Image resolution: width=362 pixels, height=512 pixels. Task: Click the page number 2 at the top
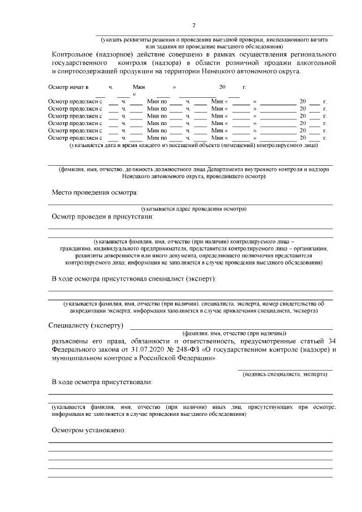(x=193, y=25)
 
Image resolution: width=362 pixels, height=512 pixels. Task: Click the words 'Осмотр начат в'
(x=68, y=88)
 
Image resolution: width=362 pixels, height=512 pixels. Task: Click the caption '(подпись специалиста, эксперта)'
(x=285, y=375)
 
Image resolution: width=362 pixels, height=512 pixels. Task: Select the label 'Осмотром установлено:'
(x=88, y=431)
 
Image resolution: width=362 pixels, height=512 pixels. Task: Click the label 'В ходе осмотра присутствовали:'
(x=102, y=383)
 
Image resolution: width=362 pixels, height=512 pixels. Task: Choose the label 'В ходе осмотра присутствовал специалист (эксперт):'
(x=134, y=278)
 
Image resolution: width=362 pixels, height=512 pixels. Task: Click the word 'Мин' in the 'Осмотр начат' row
(x=139, y=88)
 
